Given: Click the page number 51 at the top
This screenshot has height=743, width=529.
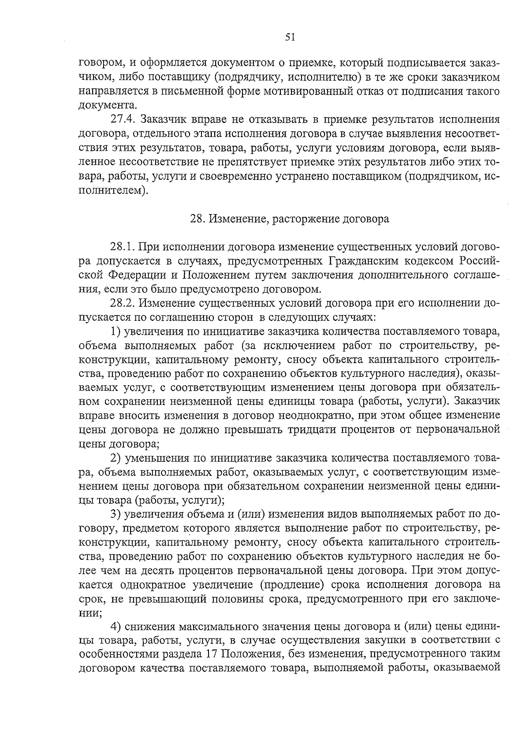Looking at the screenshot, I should (290, 37).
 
